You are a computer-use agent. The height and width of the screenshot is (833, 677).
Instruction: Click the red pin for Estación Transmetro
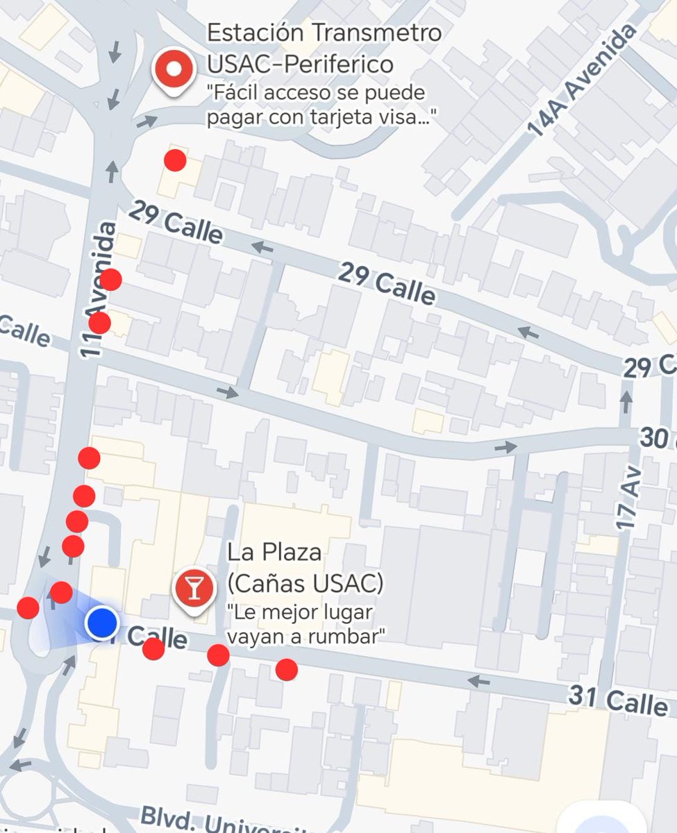[x=174, y=70]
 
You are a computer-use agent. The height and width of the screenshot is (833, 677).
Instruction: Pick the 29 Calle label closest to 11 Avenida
[x=176, y=223]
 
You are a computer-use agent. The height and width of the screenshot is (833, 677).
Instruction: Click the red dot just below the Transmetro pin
[x=175, y=160]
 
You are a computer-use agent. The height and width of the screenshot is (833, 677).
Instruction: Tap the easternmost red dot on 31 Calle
[x=286, y=669]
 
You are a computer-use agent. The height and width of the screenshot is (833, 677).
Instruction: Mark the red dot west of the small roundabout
[x=28, y=608]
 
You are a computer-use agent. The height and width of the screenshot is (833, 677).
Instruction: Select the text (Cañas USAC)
[x=305, y=584]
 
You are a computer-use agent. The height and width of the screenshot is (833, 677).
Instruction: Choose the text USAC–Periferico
[x=300, y=64]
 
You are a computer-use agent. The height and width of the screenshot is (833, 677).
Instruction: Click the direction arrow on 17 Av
[x=626, y=401]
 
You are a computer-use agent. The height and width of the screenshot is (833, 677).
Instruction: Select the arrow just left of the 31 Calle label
[x=478, y=682]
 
